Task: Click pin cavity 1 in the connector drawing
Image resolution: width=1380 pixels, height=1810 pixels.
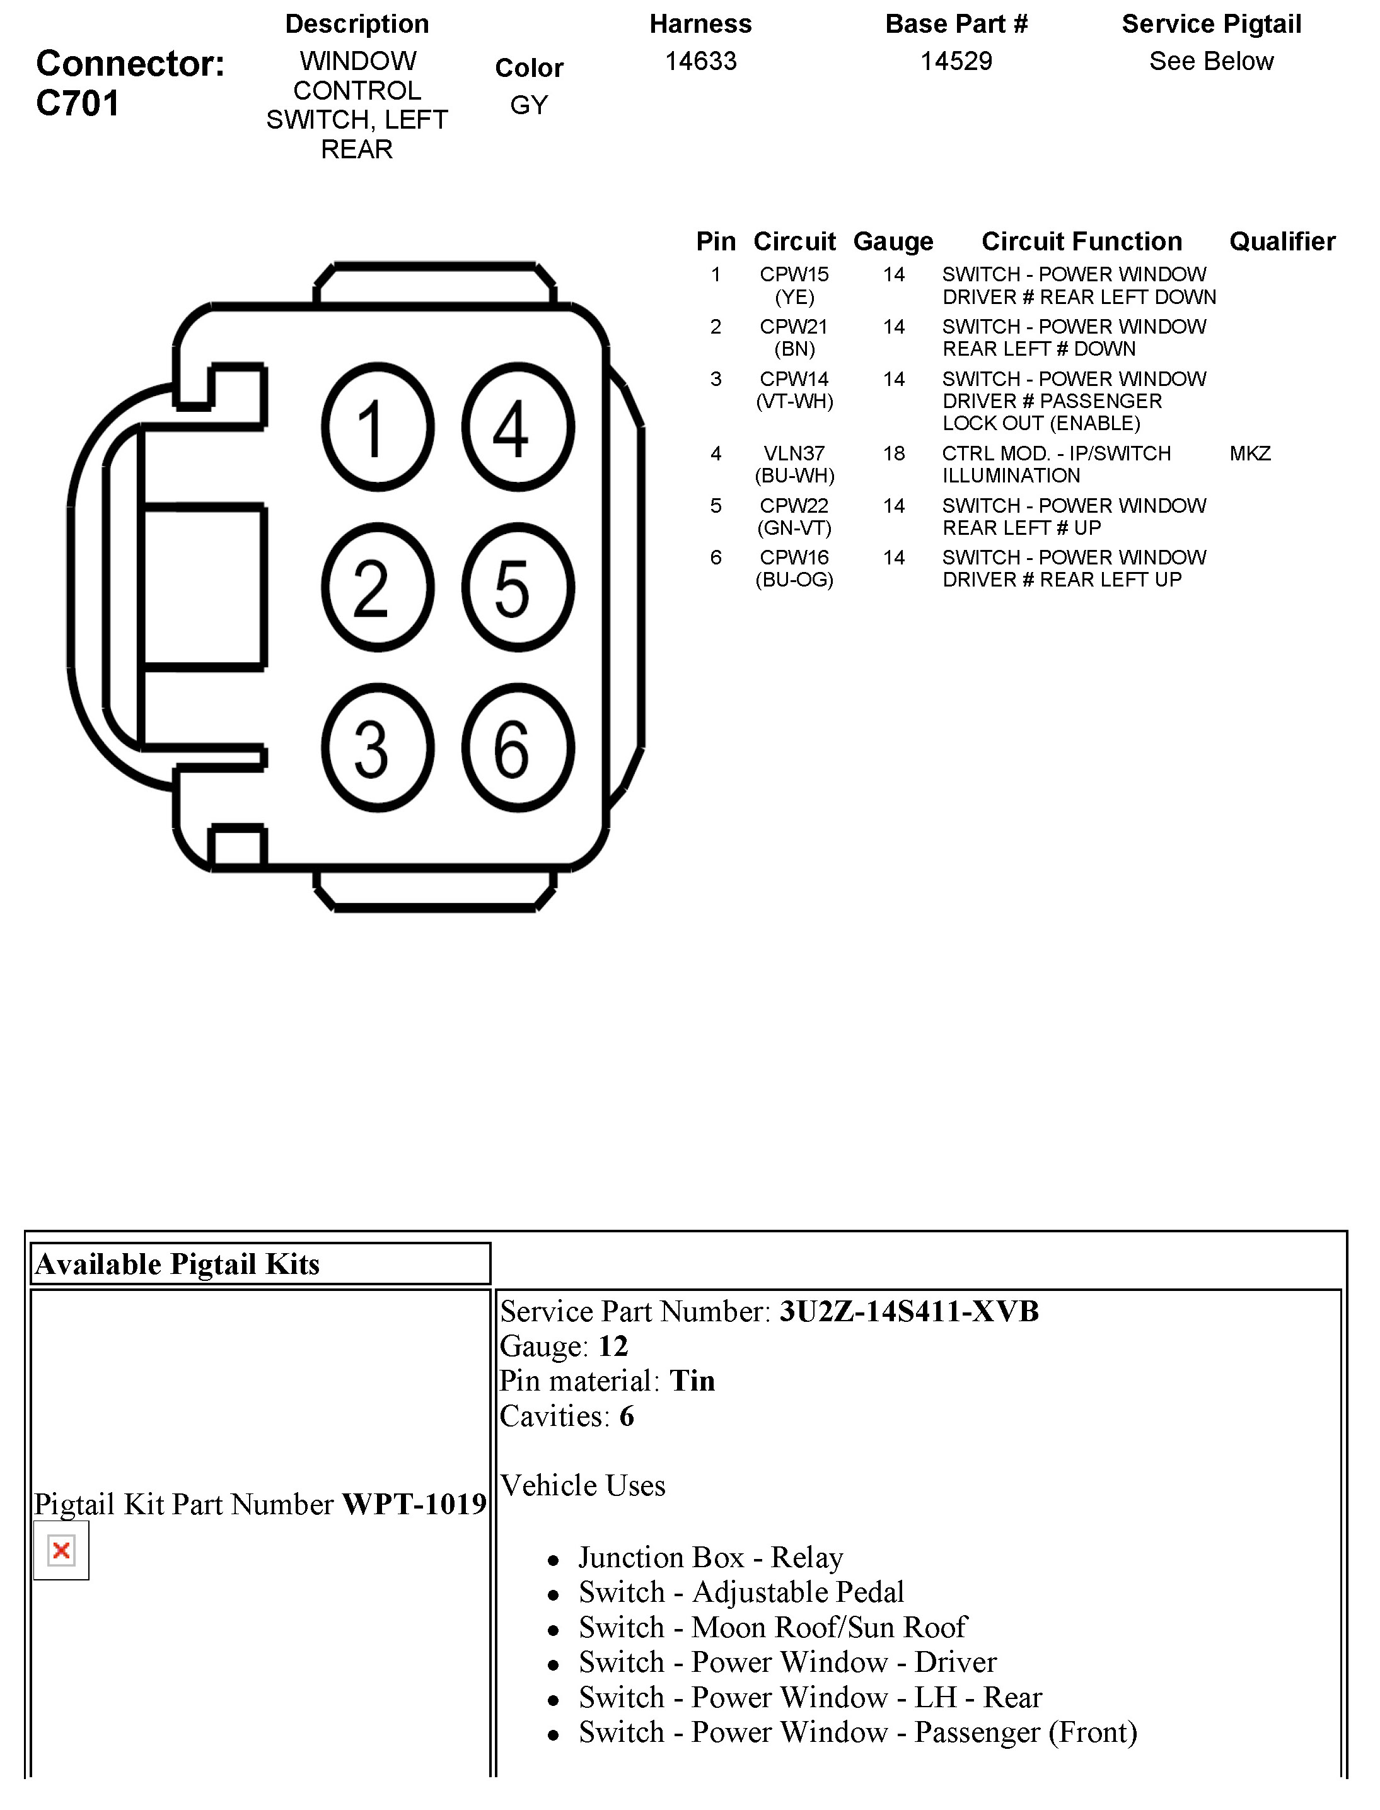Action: tap(377, 427)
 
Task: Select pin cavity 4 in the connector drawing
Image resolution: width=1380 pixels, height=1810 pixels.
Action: tap(518, 427)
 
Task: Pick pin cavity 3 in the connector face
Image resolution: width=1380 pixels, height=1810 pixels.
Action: tap(377, 749)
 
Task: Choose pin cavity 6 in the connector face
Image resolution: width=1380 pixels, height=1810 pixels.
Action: tap(518, 749)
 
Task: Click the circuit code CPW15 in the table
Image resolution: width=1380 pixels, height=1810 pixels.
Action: tap(794, 274)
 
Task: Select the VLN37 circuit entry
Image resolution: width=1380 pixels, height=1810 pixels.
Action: tap(794, 453)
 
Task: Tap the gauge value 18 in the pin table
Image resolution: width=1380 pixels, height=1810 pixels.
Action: tap(894, 453)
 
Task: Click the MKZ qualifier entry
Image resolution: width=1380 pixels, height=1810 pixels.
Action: tap(1250, 453)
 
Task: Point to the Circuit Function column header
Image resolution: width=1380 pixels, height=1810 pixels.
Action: tap(1081, 242)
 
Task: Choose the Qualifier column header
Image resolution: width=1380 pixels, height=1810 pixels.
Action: tap(1282, 242)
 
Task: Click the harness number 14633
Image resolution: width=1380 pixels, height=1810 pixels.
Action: tap(700, 62)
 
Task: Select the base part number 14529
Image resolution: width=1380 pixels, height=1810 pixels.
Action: tap(956, 62)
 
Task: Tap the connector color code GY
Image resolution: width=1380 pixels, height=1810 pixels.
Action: tap(528, 105)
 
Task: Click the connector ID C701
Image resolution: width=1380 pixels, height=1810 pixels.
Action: tap(78, 103)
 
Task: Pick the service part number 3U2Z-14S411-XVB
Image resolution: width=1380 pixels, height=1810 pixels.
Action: tap(908, 1311)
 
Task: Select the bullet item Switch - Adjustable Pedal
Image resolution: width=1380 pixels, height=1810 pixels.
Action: tap(740, 1592)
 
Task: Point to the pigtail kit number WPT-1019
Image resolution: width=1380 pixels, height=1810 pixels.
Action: tap(414, 1504)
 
